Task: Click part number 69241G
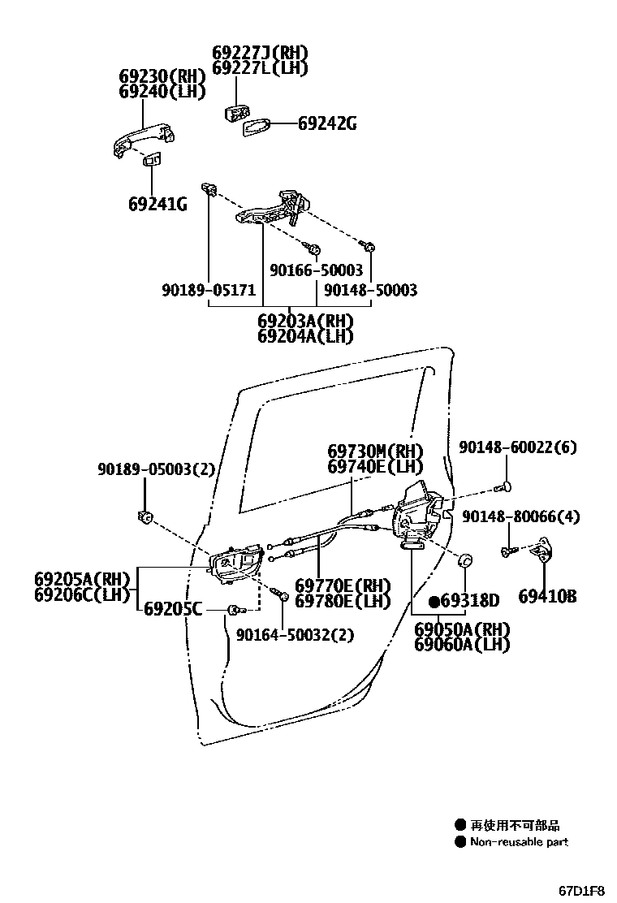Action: point(157,204)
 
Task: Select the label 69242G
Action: point(326,123)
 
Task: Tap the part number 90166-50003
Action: point(316,270)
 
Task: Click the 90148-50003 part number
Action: point(370,290)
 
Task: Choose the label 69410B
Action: point(546,597)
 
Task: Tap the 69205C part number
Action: point(172,609)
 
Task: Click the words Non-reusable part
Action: point(520,842)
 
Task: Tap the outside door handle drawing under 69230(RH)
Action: point(145,140)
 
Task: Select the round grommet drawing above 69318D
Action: point(465,561)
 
